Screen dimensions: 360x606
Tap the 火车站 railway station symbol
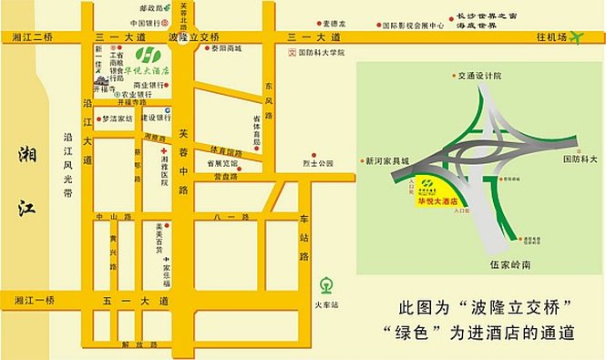click(326, 283)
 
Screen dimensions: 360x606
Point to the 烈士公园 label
click(319, 163)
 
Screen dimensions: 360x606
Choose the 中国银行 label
click(146, 23)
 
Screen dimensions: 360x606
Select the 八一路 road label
click(231, 217)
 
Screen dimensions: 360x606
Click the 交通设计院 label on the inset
click(480, 77)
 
